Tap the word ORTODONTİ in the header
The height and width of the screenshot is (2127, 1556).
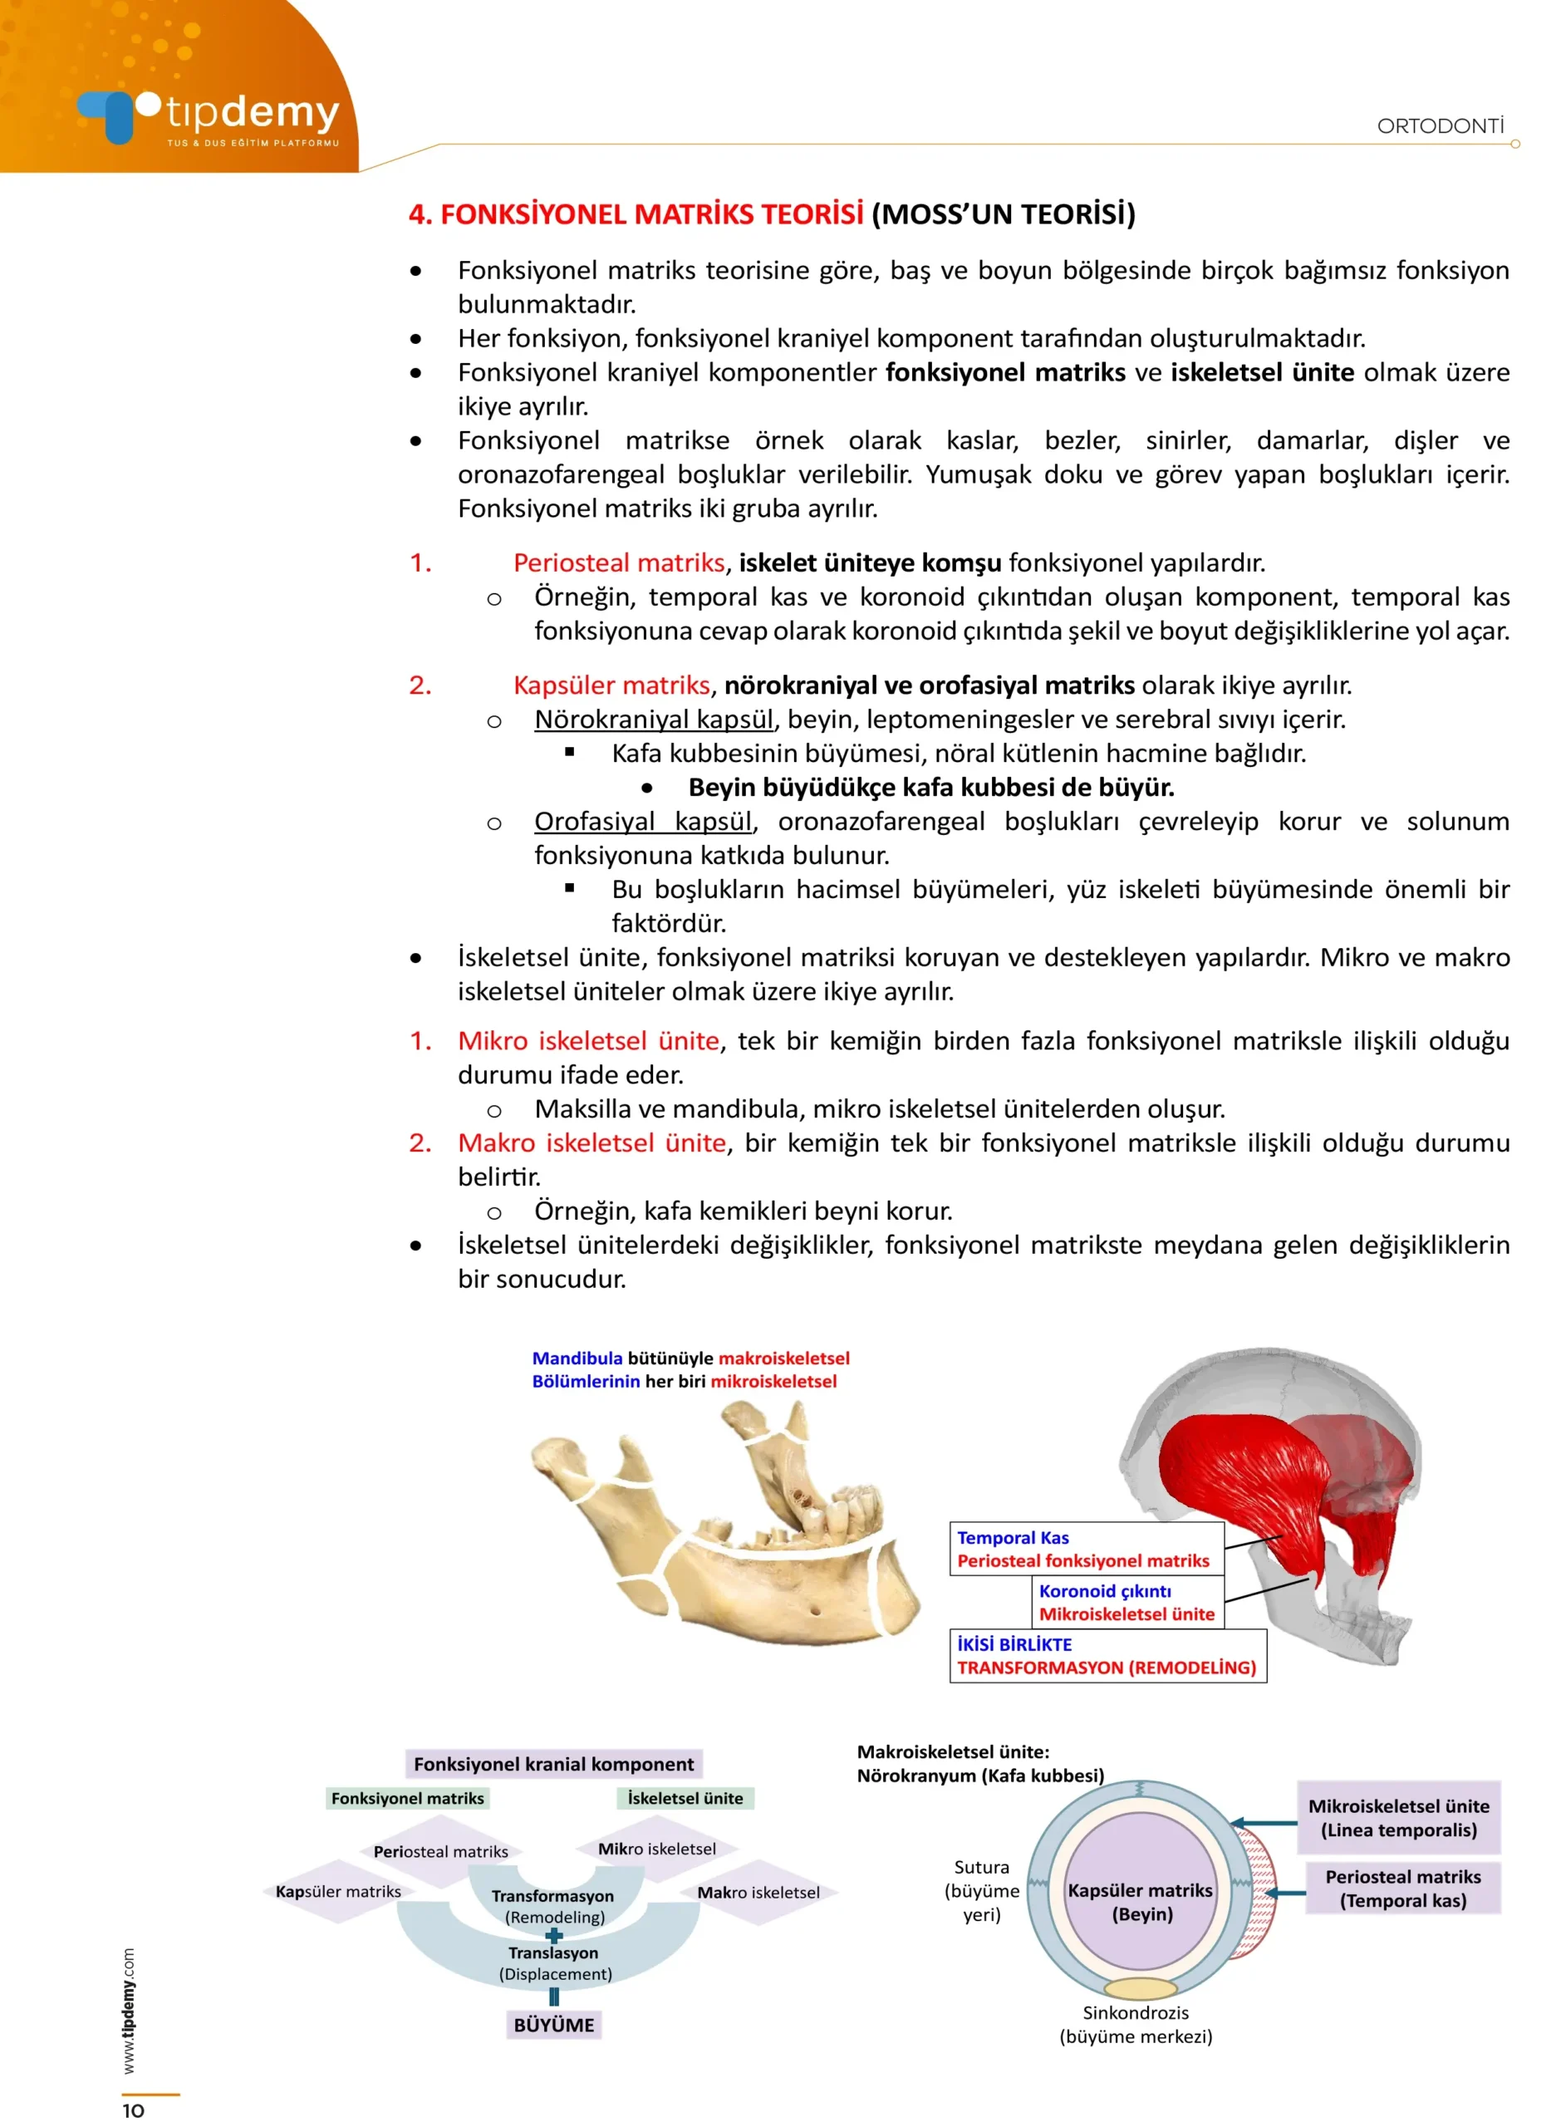click(1441, 126)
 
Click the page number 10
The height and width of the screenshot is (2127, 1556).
click(133, 2111)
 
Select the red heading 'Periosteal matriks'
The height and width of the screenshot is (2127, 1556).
click(619, 562)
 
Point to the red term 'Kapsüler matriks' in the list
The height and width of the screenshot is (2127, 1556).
click(611, 685)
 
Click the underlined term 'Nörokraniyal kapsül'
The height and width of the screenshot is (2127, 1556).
click(654, 719)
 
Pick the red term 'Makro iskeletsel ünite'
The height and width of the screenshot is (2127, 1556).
click(592, 1142)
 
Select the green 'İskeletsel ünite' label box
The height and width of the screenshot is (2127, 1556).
click(685, 1798)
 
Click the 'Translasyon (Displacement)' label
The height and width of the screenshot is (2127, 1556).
click(555, 1963)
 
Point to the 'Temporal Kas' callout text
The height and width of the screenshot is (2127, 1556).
click(1013, 1538)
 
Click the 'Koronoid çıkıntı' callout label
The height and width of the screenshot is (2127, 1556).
click(1105, 1591)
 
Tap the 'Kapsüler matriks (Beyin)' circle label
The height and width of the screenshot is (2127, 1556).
click(1141, 1902)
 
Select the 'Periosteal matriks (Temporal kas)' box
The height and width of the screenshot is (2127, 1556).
click(1402, 1889)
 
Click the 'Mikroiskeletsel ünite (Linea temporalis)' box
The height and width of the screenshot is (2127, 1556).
click(1398, 1818)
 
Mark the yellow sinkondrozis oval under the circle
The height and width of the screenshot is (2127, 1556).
click(1141, 1988)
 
